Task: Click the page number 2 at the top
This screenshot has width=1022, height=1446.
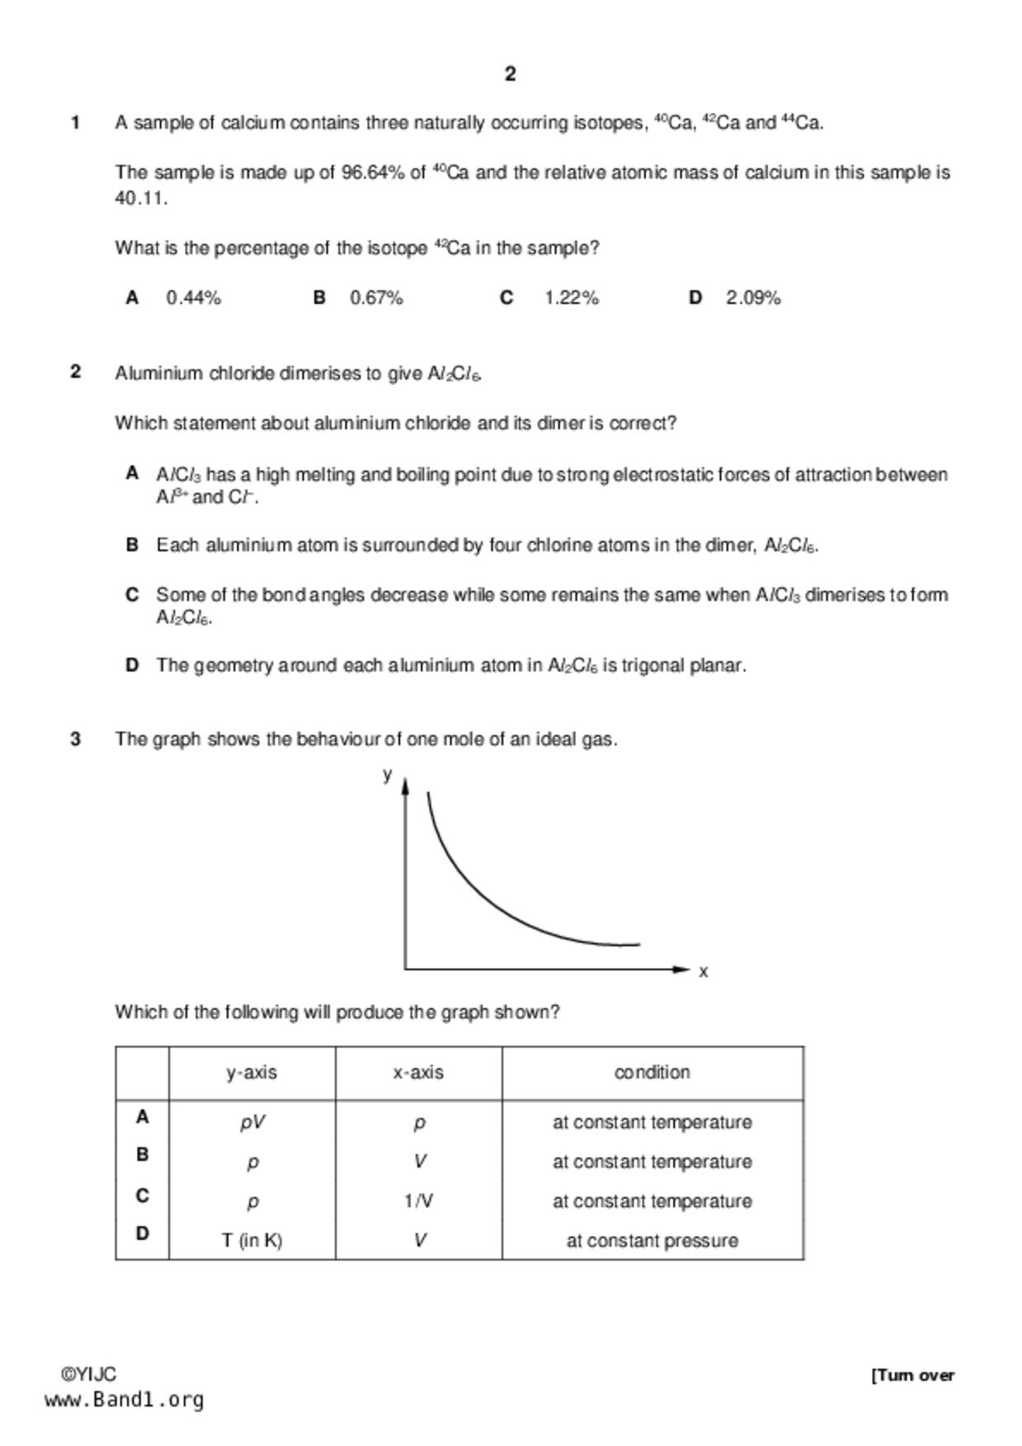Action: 510,74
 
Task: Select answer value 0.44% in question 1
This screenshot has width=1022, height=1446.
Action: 194,298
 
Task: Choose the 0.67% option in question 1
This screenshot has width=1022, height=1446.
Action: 376,298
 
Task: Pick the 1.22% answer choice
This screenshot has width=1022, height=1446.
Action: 571,298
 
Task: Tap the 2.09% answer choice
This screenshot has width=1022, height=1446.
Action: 753,298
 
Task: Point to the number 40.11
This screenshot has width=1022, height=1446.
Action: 140,199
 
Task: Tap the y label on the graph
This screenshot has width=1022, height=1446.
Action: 387,774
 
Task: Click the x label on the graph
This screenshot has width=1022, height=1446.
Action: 703,972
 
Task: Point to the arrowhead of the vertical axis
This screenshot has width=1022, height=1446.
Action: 405,786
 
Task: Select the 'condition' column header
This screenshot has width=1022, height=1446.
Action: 652,1073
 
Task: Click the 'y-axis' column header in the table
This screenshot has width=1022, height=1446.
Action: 252,1073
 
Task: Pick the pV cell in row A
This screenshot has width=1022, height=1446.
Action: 252,1123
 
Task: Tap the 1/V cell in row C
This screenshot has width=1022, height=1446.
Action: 418,1201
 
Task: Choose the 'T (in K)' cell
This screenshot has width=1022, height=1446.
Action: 252,1241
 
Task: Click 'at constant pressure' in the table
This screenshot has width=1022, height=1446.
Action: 652,1241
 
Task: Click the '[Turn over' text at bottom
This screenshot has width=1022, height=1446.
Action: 912,1375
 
